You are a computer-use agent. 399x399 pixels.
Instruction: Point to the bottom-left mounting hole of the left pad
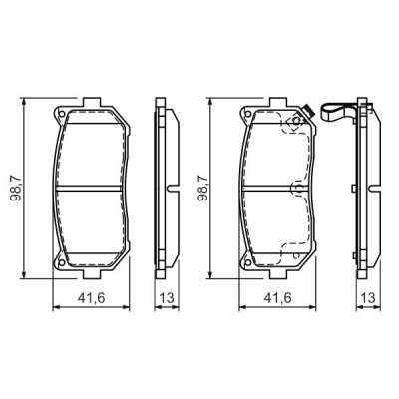tap(62, 262)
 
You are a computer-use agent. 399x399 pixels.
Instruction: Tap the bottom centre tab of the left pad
tap(91, 275)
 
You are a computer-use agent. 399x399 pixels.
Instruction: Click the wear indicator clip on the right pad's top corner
tap(309, 111)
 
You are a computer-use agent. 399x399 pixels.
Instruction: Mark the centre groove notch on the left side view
tap(173, 189)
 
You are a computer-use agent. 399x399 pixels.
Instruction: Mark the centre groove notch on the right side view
tap(372, 189)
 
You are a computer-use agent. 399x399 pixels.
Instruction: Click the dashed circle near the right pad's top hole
tap(293, 126)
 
